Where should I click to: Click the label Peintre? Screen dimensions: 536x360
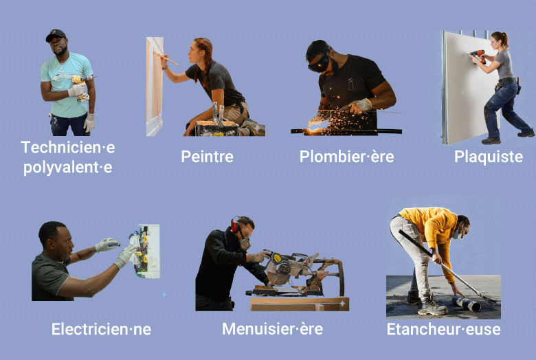(207, 157)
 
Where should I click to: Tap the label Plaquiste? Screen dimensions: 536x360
(489, 157)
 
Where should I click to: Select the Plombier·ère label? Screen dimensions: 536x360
(346, 157)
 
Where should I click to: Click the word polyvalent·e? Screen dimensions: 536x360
(67, 168)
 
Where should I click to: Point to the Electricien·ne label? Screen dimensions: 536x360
(101, 329)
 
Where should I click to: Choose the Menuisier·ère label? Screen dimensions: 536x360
(272, 329)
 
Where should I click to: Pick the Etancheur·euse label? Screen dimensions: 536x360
(443, 329)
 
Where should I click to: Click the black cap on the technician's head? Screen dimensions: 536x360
(56, 34)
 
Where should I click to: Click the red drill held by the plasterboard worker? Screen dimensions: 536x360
(478, 56)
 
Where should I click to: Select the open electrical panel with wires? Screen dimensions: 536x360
(145, 251)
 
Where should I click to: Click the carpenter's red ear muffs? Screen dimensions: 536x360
(235, 225)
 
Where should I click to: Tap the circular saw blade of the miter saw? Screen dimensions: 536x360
(278, 272)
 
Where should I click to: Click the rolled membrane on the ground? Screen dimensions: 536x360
(467, 304)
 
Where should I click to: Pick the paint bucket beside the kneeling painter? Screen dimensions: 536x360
(216, 128)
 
